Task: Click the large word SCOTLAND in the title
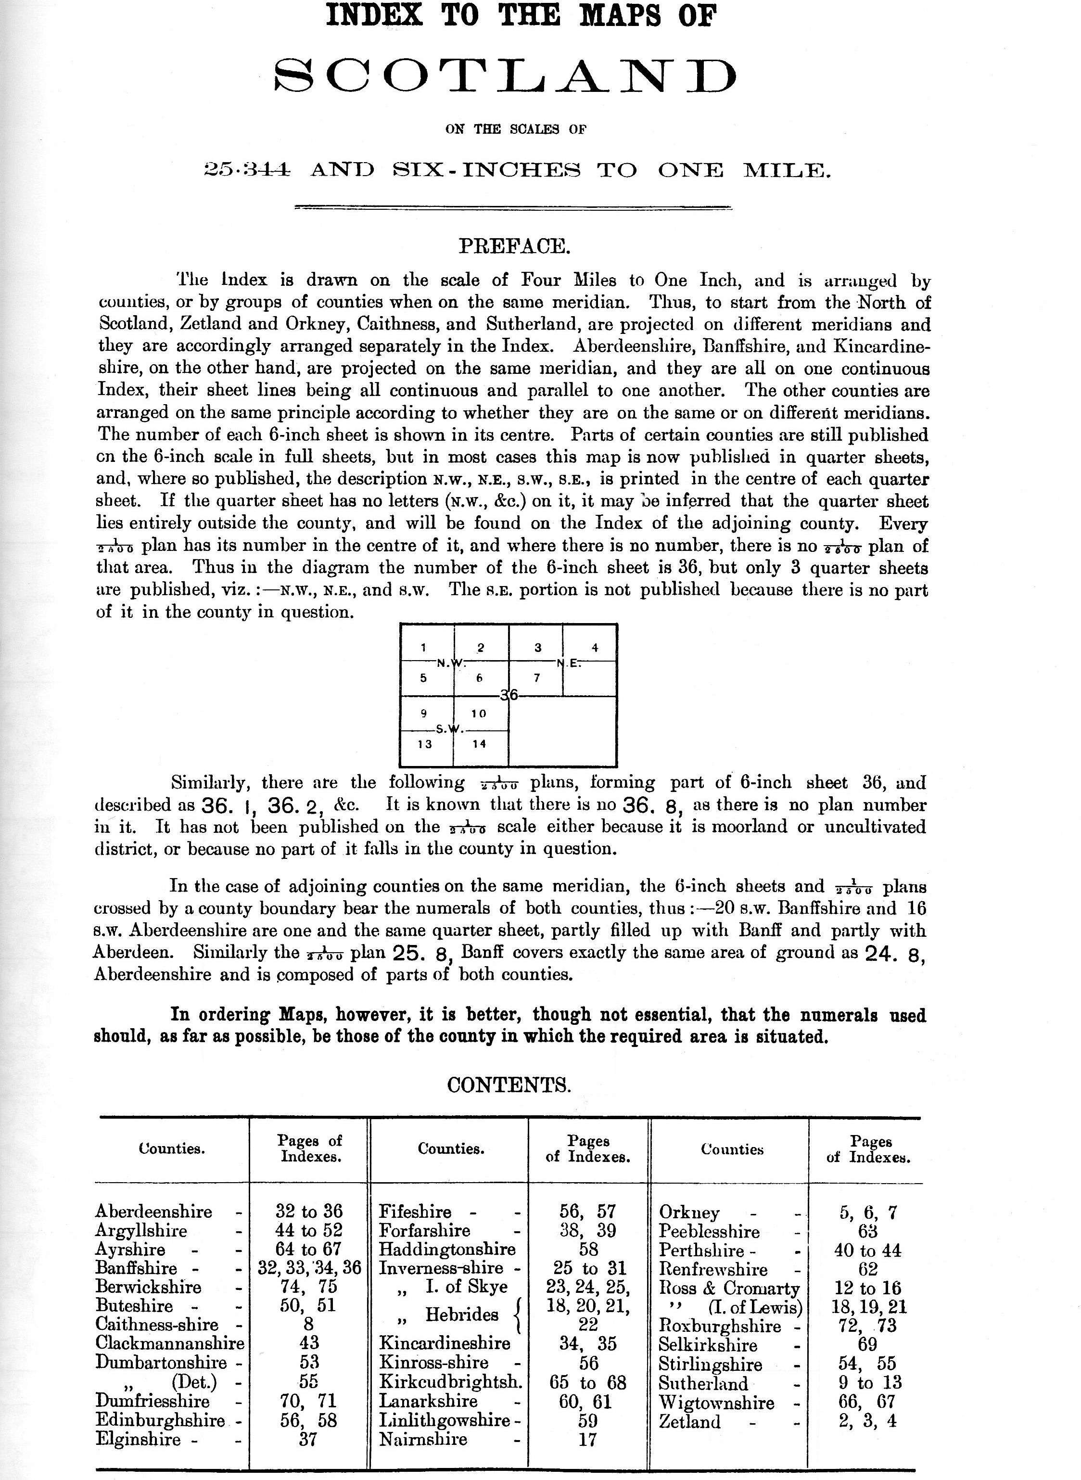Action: [x=505, y=77]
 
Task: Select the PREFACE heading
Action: [x=515, y=247]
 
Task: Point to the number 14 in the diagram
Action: [x=479, y=744]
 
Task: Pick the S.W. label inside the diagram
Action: [x=450, y=729]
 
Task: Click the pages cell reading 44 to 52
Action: [x=309, y=1231]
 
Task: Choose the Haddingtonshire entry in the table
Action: [x=447, y=1250]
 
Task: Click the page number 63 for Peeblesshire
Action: [x=868, y=1231]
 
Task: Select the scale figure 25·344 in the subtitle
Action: [x=247, y=171]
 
